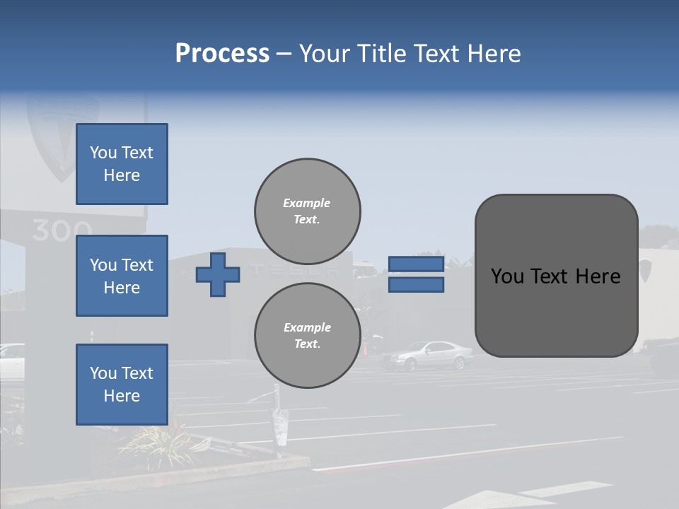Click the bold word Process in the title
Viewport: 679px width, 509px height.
(222, 54)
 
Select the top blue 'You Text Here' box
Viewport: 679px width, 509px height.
(122, 164)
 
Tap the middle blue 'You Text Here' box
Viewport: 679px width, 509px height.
(122, 276)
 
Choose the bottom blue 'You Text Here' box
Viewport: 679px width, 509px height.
(122, 385)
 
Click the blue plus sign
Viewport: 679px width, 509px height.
(218, 274)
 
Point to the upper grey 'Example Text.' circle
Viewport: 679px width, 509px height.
(307, 211)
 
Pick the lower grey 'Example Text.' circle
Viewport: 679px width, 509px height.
(307, 335)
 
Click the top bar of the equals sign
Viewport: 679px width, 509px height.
(416, 264)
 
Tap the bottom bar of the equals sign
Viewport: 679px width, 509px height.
(416, 284)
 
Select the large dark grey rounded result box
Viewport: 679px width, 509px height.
(556, 276)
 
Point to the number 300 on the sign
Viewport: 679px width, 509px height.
(62, 230)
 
